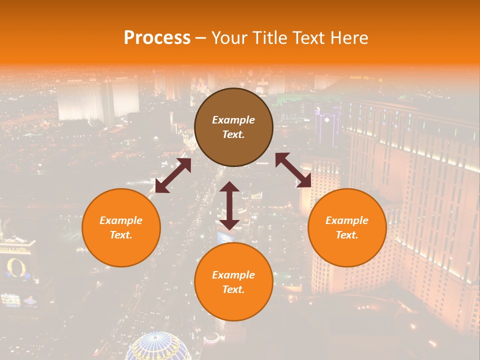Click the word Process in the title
point(157,37)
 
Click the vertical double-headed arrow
point(229,205)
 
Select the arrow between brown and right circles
point(293,170)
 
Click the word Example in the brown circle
point(233,120)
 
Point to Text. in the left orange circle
point(121,235)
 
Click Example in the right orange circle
point(347,220)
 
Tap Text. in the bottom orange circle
point(233,289)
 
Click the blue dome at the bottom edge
point(158,348)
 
